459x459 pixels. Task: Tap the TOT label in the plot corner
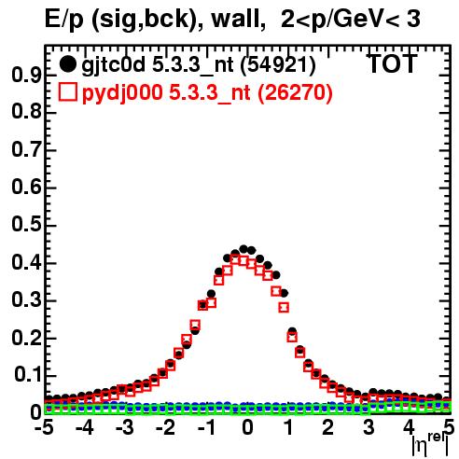393,63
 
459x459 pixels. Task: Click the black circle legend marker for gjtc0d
67,64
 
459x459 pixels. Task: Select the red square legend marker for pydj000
68,92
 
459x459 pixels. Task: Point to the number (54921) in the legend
278,65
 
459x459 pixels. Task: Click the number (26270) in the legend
295,92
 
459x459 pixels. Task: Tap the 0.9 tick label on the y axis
26,75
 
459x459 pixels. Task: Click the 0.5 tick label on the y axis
26,225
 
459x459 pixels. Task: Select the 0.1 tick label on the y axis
28,376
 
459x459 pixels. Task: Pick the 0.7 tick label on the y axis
26,150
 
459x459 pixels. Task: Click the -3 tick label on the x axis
125,427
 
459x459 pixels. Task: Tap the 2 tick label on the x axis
328,427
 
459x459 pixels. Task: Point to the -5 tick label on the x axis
44,427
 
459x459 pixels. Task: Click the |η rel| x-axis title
430,445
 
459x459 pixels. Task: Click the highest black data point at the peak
243,249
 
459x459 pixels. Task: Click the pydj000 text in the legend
122,93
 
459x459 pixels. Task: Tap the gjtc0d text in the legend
113,66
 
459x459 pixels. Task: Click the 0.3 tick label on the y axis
26,300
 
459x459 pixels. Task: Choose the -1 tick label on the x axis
206,427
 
